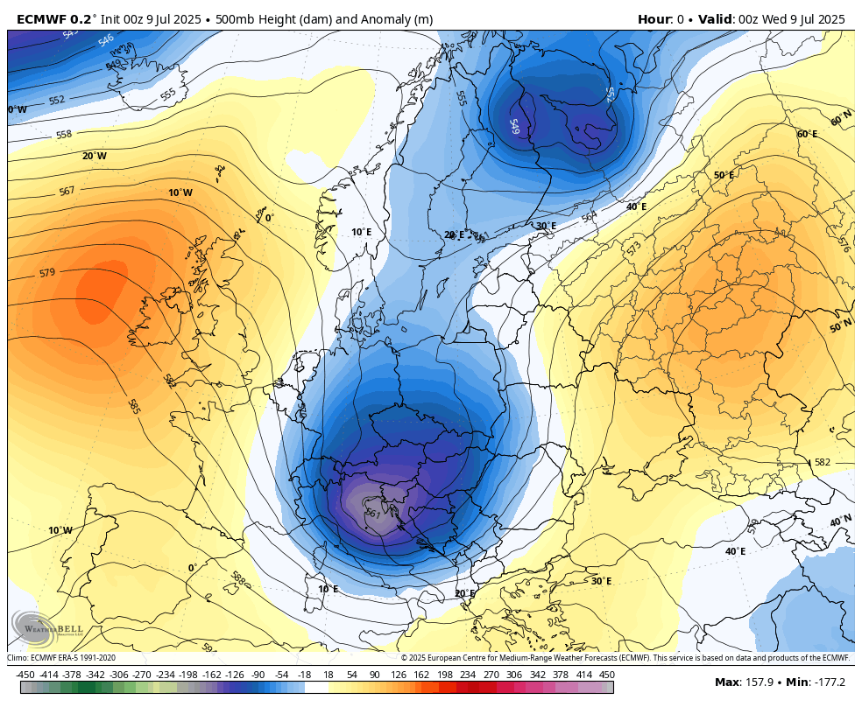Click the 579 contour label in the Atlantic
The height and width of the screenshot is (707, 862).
47,273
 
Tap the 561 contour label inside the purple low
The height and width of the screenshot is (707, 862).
372,514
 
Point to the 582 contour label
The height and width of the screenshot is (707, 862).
822,462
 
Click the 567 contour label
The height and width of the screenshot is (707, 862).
67,191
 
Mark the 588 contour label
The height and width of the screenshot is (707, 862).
237,578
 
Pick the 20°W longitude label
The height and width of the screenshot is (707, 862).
95,156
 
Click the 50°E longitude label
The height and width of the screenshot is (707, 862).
724,175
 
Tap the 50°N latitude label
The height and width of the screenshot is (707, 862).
840,327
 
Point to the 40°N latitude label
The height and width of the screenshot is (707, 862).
840,521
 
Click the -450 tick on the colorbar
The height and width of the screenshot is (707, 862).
25,675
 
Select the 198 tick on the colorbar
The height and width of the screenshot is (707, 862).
444,675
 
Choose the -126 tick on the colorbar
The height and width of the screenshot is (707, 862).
234,675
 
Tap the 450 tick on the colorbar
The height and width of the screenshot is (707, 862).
606,675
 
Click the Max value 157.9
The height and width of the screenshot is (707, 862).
760,682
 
